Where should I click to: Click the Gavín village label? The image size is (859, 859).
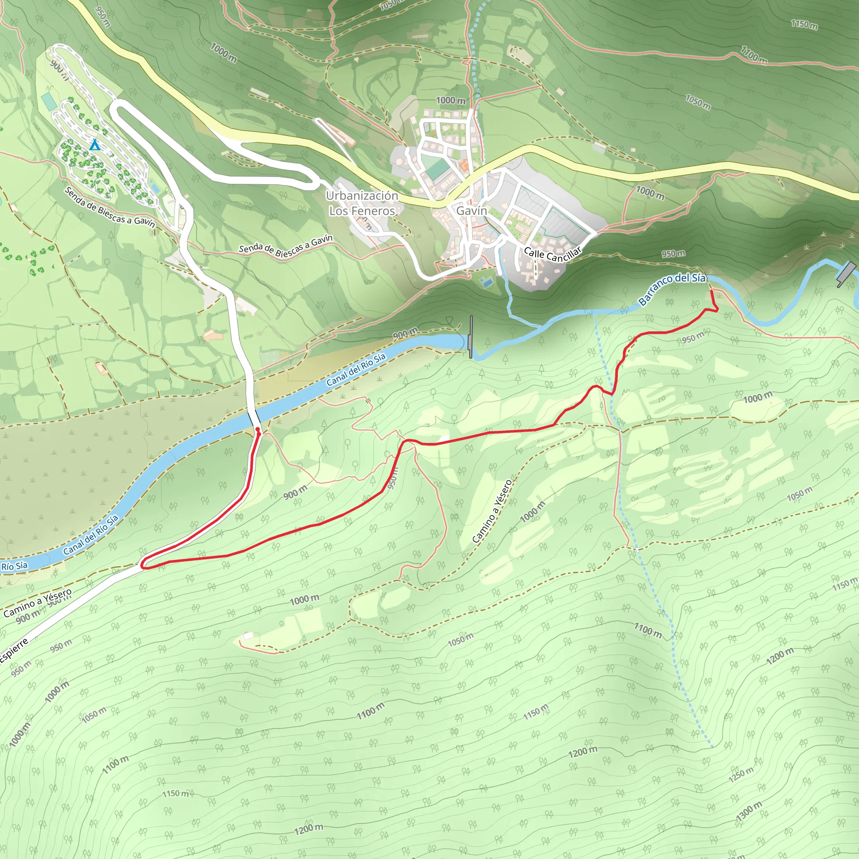(472, 211)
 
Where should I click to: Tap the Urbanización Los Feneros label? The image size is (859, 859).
(362, 203)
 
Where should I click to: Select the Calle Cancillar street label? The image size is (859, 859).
(552, 254)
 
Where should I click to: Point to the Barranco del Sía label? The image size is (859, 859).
(672, 289)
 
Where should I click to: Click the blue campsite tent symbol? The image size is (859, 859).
(94, 145)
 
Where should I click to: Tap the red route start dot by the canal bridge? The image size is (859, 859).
(258, 429)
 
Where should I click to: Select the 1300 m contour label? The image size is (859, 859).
(749, 812)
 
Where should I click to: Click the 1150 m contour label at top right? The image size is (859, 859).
(804, 24)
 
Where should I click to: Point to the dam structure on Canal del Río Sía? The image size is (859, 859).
(471, 343)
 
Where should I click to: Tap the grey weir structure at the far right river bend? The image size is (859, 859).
(846, 273)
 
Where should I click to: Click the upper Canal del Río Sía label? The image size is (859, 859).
(356, 370)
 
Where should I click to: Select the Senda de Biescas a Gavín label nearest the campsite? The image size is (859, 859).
(110, 207)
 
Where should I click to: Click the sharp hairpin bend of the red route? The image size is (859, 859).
(143, 565)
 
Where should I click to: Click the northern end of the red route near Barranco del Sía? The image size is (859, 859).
(711, 291)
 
